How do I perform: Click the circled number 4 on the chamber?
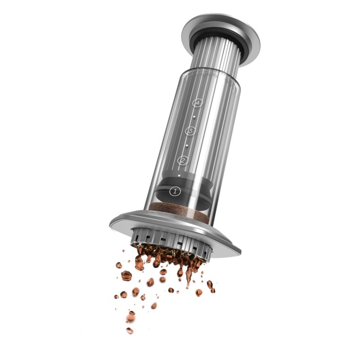click(x=196, y=103)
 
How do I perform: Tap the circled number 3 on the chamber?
click(x=190, y=131)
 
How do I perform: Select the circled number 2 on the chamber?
click(x=183, y=160)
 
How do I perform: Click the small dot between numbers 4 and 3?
click(x=193, y=117)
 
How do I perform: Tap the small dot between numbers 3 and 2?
click(x=187, y=145)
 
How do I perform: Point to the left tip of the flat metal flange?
click(x=111, y=223)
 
